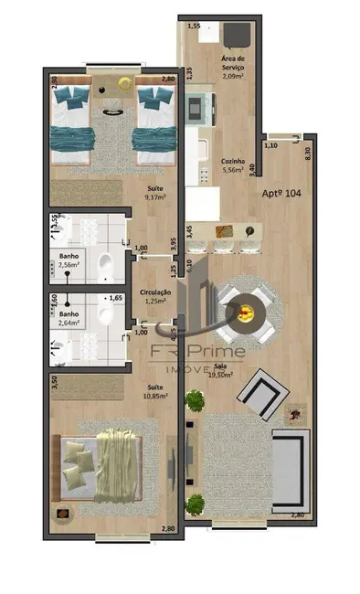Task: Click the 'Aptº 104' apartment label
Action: coord(281,194)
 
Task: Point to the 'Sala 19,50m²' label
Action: coord(219,370)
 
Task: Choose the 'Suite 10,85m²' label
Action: coord(156,391)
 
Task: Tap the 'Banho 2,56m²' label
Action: coord(69,260)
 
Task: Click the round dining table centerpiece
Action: coord(244,314)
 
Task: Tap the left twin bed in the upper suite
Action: coord(74,123)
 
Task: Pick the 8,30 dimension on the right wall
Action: coord(308,154)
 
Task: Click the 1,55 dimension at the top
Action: coord(194,27)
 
